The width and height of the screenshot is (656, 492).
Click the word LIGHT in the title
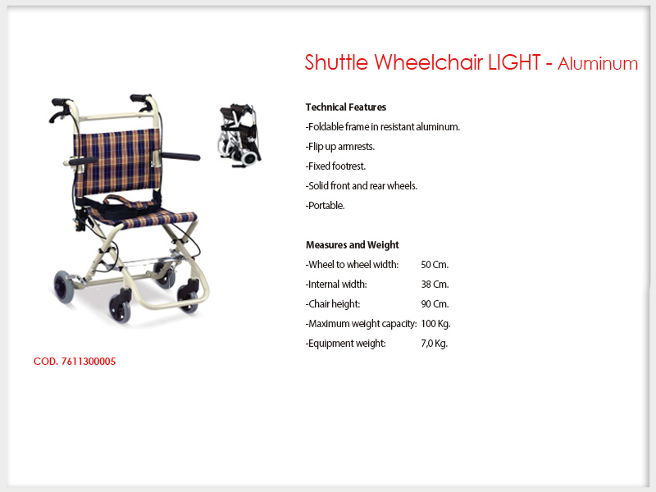coord(514,62)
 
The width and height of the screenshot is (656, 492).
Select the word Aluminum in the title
coord(598,64)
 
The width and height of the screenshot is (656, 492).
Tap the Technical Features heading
coord(345,107)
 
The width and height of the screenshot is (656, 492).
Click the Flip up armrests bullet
coord(340,147)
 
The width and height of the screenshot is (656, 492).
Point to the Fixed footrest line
coord(335,166)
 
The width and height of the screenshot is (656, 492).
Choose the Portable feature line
coord(325,206)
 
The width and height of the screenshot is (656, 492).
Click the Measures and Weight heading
coord(353,244)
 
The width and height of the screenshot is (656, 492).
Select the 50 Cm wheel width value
coord(435,264)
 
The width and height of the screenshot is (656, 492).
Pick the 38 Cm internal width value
coord(435,284)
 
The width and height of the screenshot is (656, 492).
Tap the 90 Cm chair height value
coord(435,303)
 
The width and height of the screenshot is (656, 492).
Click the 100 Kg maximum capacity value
coord(435,323)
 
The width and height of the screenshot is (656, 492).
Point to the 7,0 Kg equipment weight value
coord(435,343)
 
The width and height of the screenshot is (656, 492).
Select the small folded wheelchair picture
coord(239,135)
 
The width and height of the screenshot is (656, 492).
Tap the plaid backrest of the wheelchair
coord(117,161)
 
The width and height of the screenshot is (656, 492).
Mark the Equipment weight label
coord(345,344)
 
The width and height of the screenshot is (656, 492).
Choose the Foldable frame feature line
coord(382,127)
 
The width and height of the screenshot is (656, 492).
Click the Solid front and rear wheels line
coord(362,186)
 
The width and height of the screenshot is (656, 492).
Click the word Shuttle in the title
coord(336,62)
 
